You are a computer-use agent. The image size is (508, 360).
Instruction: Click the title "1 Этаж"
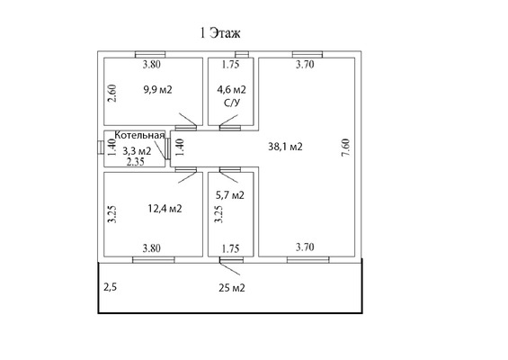(x=220, y=33)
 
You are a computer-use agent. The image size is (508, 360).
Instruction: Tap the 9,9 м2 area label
(x=157, y=89)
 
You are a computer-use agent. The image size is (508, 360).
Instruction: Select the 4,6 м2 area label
(x=231, y=89)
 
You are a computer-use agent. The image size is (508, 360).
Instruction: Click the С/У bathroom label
(x=232, y=103)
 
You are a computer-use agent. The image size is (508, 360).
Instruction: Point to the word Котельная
(x=139, y=135)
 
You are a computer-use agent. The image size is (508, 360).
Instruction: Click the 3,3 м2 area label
(x=137, y=151)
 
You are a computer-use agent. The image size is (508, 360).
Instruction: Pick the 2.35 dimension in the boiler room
(x=136, y=161)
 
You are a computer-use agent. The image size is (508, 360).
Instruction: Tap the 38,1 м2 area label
(x=285, y=147)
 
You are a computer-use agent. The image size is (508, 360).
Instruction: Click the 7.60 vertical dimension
(x=345, y=148)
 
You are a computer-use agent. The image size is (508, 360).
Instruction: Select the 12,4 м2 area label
(x=165, y=208)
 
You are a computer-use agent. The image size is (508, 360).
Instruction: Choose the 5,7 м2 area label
(x=230, y=195)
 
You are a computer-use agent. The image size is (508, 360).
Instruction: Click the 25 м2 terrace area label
(x=232, y=288)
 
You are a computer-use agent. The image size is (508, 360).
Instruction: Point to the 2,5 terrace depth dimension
(x=110, y=287)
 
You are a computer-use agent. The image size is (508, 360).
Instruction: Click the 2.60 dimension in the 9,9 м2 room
(x=112, y=94)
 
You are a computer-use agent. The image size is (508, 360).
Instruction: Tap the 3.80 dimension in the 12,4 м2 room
(x=152, y=248)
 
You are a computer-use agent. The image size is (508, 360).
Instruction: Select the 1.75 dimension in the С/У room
(x=231, y=65)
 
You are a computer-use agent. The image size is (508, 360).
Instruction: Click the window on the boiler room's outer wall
(x=101, y=148)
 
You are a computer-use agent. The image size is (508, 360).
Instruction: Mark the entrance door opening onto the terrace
(x=231, y=260)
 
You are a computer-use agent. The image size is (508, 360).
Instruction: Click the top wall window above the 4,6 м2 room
(x=242, y=54)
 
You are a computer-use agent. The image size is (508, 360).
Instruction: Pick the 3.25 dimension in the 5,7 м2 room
(x=219, y=214)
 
